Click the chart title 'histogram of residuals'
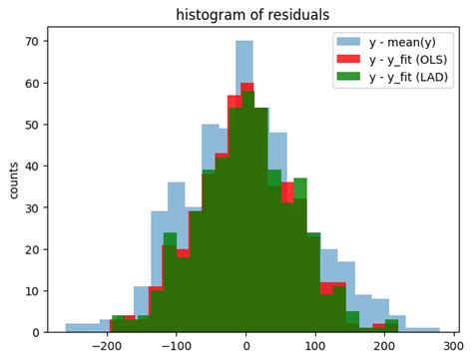(x=252, y=14)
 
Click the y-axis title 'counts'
(x=14, y=180)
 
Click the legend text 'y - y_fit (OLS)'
(x=409, y=60)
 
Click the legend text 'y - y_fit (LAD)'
(x=409, y=77)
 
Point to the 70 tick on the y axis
(x=33, y=42)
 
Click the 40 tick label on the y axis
(x=33, y=166)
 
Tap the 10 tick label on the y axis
(x=33, y=290)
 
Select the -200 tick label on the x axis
(x=106, y=346)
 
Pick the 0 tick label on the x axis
(x=245, y=346)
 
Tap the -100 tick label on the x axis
(x=176, y=346)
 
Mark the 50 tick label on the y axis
(x=33, y=125)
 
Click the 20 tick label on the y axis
(x=33, y=248)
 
